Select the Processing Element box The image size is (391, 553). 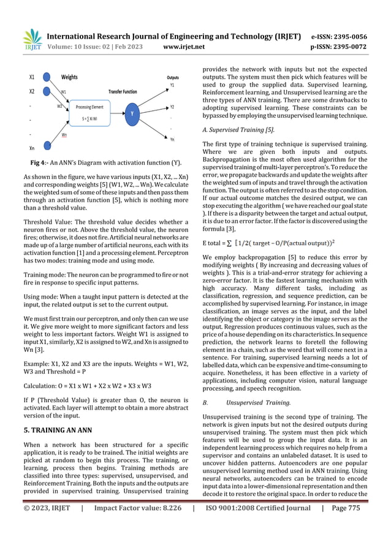coord(89,112)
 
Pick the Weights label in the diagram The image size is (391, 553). coord(69,78)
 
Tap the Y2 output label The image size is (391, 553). coord(172,106)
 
